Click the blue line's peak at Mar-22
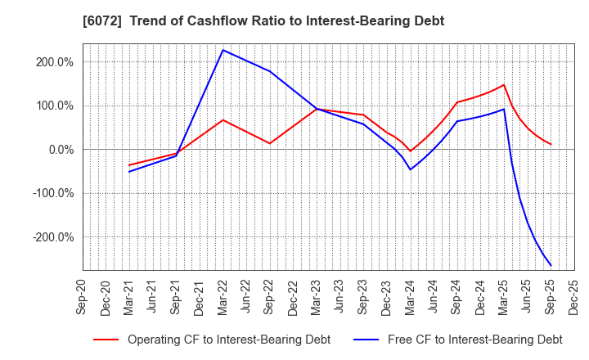click(223, 50)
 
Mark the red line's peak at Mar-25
click(504, 84)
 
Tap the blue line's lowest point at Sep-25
click(551, 265)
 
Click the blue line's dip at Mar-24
click(411, 169)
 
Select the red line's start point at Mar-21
click(129, 165)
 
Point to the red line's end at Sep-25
click(551, 145)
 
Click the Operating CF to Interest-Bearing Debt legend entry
click(211, 340)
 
